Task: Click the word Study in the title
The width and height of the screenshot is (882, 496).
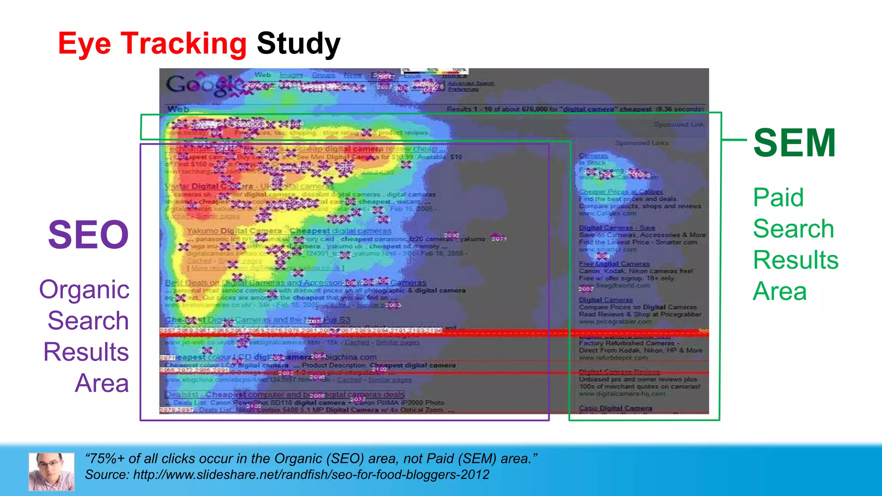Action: pos(298,44)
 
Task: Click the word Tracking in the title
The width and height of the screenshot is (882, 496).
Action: pos(183,44)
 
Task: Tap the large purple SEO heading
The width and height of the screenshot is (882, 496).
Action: pos(88,235)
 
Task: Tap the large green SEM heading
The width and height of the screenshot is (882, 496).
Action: pos(795,143)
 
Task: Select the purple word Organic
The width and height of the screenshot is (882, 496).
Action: pos(84,289)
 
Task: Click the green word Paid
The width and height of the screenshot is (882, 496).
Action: pos(778,198)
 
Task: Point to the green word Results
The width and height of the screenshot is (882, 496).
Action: pos(795,260)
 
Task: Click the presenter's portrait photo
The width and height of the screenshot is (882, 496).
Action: pos(51,471)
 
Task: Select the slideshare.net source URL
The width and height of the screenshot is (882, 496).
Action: pos(311,474)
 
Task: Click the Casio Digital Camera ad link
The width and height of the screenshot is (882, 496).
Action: pos(615,408)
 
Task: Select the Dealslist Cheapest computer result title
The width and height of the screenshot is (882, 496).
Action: pos(284,394)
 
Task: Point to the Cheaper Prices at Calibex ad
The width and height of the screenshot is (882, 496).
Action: pos(621,192)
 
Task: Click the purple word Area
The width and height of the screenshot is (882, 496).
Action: pos(102,383)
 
